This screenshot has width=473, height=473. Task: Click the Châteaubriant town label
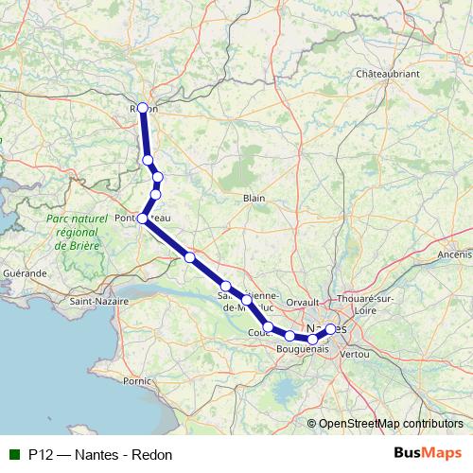pos(386,73)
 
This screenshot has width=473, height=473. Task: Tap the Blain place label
pos(254,198)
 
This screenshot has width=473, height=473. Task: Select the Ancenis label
pos(454,254)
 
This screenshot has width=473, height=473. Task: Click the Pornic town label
pos(136,380)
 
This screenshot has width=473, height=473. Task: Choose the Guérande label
pos(25,272)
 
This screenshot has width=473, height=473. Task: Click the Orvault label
pos(304,303)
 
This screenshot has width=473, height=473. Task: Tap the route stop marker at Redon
pos(143,108)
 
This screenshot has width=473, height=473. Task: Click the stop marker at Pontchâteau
pos(143,219)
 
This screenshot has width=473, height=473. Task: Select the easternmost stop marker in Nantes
pos(330,328)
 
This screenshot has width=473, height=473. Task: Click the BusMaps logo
pos(427,452)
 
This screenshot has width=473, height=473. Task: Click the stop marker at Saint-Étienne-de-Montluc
pos(246,300)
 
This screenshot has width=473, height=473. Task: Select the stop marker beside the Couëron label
pos(268,327)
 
